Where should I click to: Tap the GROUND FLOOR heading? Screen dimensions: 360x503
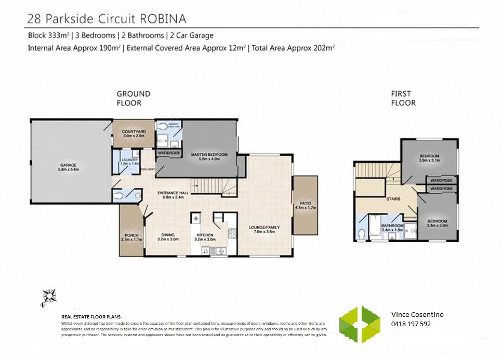(x=133, y=98)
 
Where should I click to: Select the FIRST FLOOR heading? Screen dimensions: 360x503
(x=403, y=98)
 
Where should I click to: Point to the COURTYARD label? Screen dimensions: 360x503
(x=134, y=132)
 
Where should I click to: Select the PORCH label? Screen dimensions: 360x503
(x=131, y=237)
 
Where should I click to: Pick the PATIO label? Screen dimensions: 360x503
(x=305, y=204)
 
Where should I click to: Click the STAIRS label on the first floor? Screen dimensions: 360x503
(x=392, y=198)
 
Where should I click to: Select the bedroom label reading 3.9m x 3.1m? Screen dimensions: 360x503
(x=429, y=158)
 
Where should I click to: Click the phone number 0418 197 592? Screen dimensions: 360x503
(x=411, y=324)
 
